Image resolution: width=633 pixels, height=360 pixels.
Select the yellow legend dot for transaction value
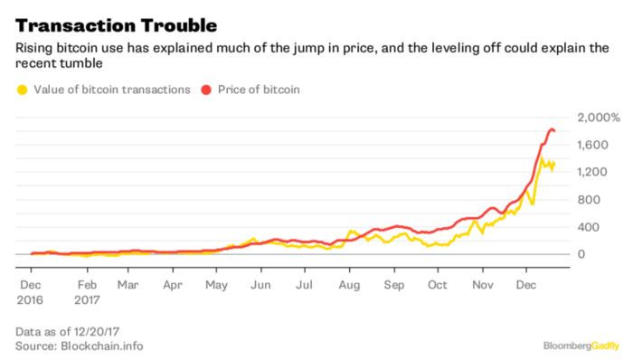click(x=22, y=89)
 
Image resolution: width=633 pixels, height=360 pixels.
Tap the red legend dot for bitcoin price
click(x=206, y=89)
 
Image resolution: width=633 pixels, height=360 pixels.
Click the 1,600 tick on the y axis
click(x=592, y=145)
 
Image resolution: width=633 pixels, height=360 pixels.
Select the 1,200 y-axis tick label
click(x=592, y=172)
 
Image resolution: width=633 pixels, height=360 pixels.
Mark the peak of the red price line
click(x=552, y=130)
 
